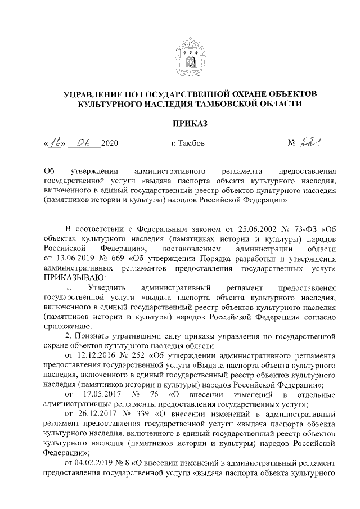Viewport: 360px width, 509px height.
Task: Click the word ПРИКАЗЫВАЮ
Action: [x=73, y=277]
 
